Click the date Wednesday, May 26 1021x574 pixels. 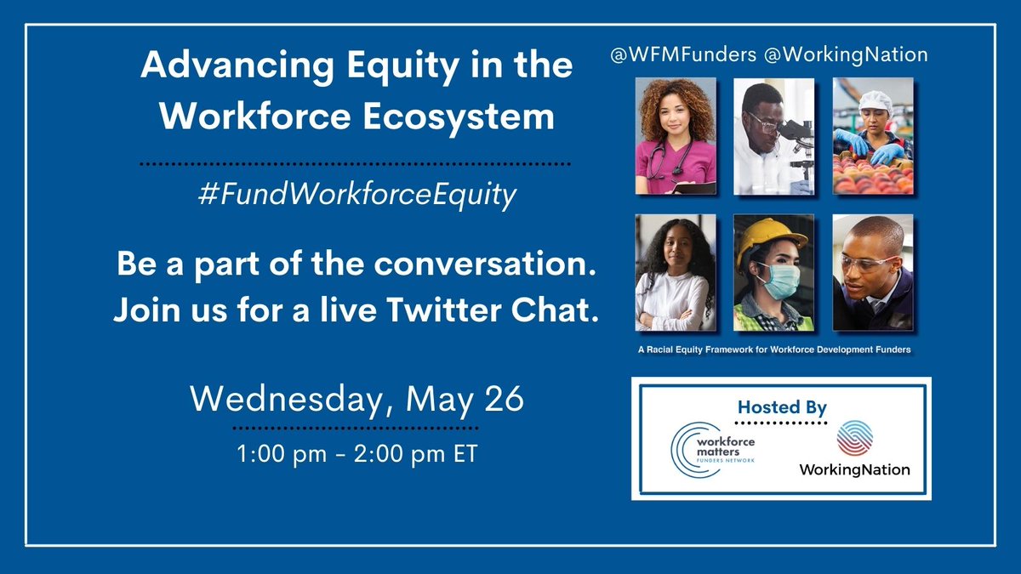tap(356, 398)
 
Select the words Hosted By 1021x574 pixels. tap(782, 407)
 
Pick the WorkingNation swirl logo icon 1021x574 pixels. tap(854, 440)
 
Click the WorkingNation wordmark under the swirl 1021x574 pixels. tap(854, 469)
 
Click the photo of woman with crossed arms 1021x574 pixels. tap(676, 272)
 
